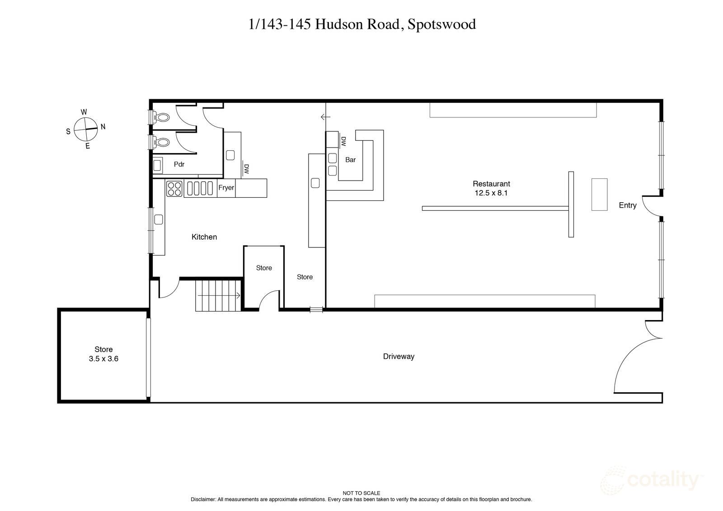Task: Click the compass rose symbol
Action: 85,129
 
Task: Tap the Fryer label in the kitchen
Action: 226,188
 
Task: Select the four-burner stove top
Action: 174,188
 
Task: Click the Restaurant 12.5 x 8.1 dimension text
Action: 491,193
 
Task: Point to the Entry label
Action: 627,205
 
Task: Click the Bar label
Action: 350,160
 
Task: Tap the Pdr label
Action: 179,164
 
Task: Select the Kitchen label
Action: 204,237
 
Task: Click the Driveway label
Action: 399,357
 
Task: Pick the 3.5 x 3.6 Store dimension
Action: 103,359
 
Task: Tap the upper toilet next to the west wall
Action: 162,117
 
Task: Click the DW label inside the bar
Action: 343,142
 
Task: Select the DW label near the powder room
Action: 246,169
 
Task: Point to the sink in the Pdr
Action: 158,165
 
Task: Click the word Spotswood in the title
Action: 441,24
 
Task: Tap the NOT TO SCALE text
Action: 361,493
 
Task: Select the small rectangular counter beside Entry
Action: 599,194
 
